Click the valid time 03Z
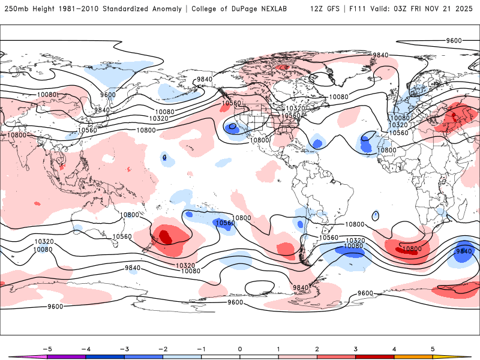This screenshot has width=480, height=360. coord(408,9)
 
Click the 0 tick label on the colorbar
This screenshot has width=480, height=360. coord(240,348)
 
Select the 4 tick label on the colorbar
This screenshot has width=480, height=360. coord(394,348)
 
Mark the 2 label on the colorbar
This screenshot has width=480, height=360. coord(317,348)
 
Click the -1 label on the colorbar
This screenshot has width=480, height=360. coord(201,348)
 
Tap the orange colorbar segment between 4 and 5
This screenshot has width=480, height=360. coord(413,356)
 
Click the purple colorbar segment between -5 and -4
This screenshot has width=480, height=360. coord(67,356)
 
